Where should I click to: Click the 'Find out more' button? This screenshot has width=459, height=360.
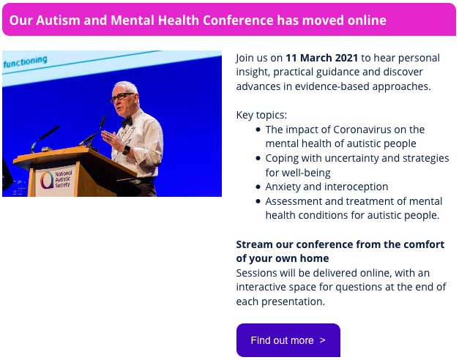pyautogui.click(x=288, y=340)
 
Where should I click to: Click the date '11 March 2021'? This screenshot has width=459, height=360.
pyautogui.click(x=321, y=58)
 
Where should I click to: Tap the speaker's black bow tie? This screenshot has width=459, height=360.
pyautogui.click(x=127, y=121)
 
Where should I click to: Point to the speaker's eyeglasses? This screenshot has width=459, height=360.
pyautogui.click(x=122, y=97)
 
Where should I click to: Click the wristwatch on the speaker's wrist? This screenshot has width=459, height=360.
pyautogui.click(x=127, y=150)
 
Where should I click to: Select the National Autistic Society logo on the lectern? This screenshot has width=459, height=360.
pyautogui.click(x=56, y=179)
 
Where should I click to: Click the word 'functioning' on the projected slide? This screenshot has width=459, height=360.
pyautogui.click(x=26, y=61)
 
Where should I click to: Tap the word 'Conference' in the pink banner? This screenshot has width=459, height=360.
pyautogui.click(x=238, y=20)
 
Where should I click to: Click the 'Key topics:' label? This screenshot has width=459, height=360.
pyautogui.click(x=261, y=115)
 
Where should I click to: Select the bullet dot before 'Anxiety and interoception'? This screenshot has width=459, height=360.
pyautogui.click(x=258, y=187)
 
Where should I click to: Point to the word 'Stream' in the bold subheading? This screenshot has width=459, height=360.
pyautogui.click(x=254, y=244)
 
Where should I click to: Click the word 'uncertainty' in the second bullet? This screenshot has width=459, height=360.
pyautogui.click(x=351, y=158)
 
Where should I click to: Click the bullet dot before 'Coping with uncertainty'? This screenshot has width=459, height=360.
pyautogui.click(x=258, y=158)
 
